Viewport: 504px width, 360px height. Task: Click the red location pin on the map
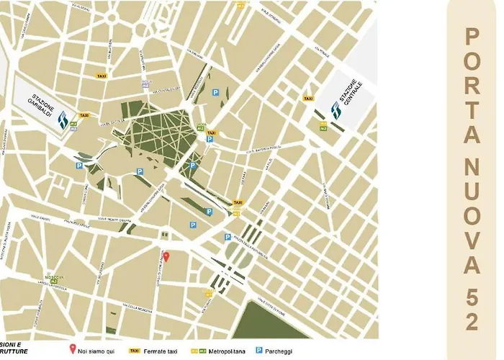166,256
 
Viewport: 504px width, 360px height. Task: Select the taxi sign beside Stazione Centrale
308,99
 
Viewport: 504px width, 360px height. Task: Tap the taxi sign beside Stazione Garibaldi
84,115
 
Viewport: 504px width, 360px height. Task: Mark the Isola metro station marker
145,84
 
